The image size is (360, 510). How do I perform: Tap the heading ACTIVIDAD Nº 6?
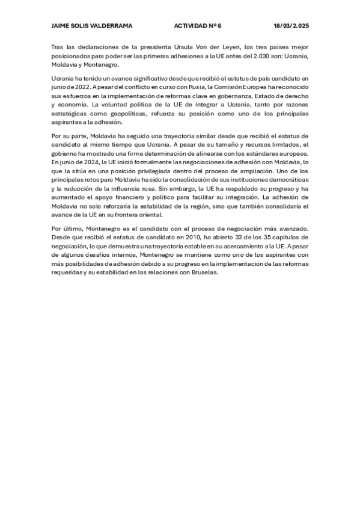coord(198,26)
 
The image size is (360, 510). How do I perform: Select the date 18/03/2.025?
coord(291,26)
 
